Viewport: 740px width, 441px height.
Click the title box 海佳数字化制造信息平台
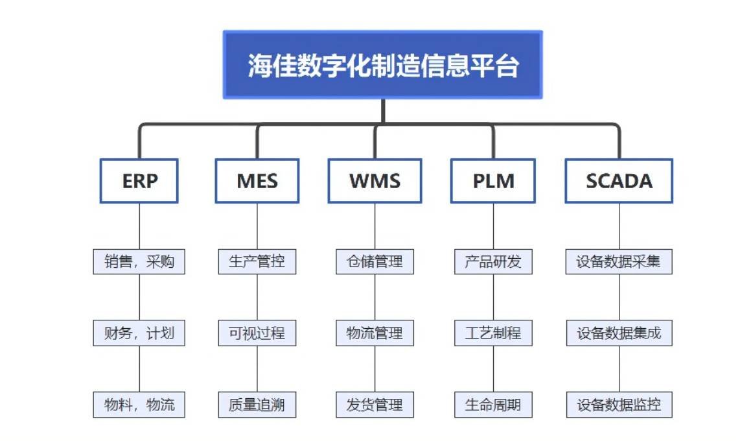382,65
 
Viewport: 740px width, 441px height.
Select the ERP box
139,181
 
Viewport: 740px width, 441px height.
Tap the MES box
257,181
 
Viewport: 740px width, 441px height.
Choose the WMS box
375,181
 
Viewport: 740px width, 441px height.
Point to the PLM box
493,181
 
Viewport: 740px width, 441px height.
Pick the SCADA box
619,181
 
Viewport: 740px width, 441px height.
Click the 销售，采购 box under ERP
139,262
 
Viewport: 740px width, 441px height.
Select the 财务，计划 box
139,333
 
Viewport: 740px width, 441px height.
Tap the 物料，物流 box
139,405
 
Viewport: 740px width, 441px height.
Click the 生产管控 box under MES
257,262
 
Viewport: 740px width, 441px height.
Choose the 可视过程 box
257,333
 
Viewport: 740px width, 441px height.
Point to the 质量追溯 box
257,405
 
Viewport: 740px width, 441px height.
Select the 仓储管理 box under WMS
375,262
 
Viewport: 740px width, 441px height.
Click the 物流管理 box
375,333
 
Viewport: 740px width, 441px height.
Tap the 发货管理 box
375,405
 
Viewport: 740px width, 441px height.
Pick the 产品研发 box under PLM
493,262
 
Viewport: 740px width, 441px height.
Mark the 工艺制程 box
493,333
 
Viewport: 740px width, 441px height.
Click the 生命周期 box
493,405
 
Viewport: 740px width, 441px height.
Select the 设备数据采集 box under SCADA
619,262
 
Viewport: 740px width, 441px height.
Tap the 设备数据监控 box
619,405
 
